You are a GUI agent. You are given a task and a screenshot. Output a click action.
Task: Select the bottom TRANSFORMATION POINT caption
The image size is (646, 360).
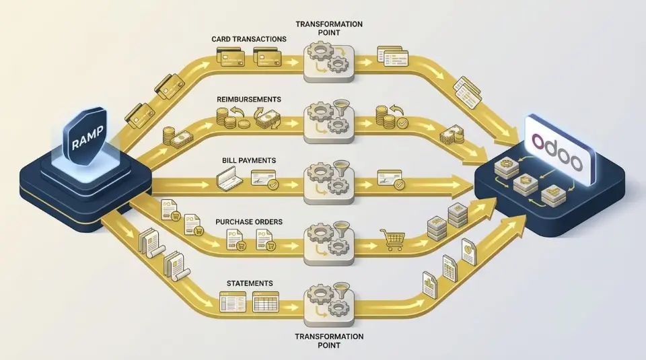coord(329,340)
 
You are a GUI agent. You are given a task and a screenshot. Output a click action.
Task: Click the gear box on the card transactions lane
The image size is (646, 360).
coord(329,61)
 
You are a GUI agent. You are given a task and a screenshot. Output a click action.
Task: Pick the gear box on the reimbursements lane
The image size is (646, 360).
coord(329,122)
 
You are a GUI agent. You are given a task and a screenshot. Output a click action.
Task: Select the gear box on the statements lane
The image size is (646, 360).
coord(329,300)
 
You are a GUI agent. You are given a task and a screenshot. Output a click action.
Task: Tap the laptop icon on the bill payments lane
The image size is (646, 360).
coord(228,178)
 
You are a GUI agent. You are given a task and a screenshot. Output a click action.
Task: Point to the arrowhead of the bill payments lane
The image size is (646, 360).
coord(464,182)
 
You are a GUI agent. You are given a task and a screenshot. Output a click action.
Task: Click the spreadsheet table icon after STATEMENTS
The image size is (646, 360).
coord(265,303)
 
